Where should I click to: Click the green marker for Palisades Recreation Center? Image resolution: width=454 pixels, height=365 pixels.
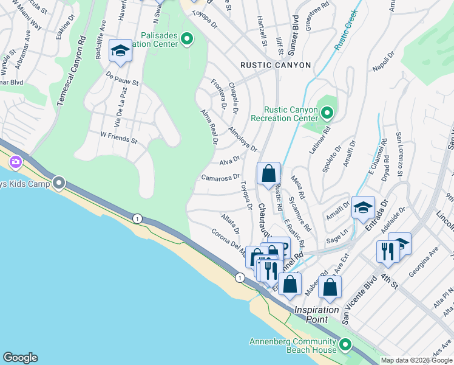point(187,40)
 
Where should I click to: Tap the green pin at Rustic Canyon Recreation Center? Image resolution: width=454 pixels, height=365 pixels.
point(327,113)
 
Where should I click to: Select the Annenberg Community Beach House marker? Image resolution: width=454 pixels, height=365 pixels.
point(345,346)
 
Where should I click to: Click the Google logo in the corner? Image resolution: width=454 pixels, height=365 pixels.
point(20,358)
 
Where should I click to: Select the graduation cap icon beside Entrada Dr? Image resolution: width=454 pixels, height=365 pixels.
point(363,207)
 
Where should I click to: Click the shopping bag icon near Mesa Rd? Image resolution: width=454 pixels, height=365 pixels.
point(268,174)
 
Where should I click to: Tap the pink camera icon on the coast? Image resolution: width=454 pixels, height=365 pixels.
point(15,162)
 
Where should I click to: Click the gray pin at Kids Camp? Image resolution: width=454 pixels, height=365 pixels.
point(59,182)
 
